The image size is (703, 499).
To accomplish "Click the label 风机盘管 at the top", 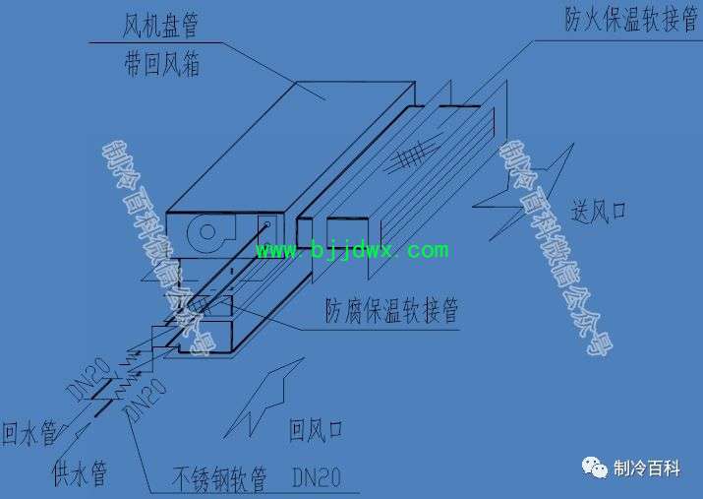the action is point(160,25).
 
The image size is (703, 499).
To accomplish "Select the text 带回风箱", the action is point(162,64).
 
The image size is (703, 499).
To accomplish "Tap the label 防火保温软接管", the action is point(631,19).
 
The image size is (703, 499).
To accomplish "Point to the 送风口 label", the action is point(598,212).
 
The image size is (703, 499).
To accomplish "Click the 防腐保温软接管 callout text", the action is point(391,310).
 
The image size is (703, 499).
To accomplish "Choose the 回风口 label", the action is point(316,430).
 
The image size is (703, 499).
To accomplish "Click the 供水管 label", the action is point(80,473).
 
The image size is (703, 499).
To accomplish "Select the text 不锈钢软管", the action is point(219,478).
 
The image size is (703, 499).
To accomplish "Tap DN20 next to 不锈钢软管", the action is point(317,477).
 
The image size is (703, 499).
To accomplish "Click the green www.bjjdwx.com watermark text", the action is point(352,250).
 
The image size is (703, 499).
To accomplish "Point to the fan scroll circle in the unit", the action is point(207,232).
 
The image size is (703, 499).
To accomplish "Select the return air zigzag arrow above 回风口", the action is point(264,398).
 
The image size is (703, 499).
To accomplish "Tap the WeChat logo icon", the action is point(595,468).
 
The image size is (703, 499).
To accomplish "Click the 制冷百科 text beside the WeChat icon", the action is point(647,468).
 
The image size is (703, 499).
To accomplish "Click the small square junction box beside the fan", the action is point(267,229).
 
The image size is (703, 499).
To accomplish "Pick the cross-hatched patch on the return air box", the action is point(199,307).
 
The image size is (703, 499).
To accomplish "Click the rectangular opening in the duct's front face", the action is point(347,232).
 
